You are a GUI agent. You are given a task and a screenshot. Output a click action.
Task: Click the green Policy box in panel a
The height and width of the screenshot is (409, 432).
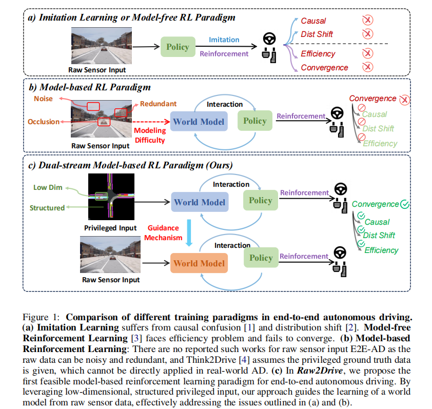click(x=178, y=47)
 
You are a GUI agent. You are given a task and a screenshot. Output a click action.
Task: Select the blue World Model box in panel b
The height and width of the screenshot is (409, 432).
click(x=199, y=122)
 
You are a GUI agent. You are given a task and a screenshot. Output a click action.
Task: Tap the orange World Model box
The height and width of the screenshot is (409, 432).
click(x=199, y=263)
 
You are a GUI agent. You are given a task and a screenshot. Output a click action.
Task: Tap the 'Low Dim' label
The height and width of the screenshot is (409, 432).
click(x=48, y=187)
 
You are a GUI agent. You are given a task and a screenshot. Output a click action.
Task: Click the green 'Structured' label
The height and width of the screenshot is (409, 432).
click(x=47, y=208)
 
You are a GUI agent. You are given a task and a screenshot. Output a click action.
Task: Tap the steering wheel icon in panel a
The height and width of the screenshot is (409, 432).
click(x=269, y=39)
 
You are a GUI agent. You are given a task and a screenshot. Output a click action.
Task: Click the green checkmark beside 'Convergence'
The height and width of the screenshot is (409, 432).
click(x=405, y=204)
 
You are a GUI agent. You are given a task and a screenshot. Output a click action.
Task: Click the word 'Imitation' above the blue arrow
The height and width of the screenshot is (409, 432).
click(x=224, y=40)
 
